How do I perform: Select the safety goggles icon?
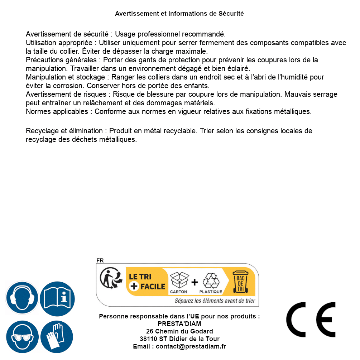22,337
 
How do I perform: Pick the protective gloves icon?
57,337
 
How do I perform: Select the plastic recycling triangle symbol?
211,281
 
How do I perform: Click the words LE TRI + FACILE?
147,282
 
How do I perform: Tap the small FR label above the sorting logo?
100,260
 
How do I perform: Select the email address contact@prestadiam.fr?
191,346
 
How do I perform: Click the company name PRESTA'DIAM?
179,324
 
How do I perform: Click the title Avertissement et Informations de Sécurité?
179,14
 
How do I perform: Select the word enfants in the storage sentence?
197,86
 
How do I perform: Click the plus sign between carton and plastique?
195,282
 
